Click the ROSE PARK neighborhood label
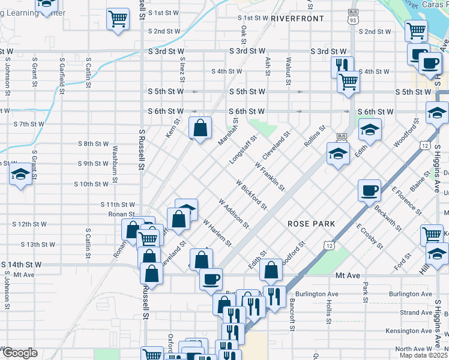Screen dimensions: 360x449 coord(310,223)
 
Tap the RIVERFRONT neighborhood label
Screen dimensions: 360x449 coord(297,19)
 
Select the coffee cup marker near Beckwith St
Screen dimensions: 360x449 coord(369,191)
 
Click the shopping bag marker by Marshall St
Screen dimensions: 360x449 coord(200,128)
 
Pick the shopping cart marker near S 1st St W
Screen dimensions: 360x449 coord(118,19)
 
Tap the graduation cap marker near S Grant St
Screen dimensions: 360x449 coord(21,175)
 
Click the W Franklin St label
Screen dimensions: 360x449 coord(270,176)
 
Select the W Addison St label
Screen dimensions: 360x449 coord(234,214)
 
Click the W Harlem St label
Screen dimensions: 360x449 coord(217,232)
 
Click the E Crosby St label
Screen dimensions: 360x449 coord(369,236)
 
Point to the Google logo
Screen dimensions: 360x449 coord(20,353)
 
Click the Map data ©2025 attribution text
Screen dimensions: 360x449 coord(423,355)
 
